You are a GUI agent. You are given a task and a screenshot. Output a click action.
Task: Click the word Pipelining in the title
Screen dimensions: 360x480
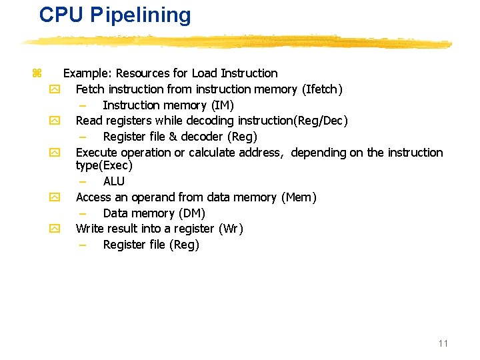(x=141, y=15)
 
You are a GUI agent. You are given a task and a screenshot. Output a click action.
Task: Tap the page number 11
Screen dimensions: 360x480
(x=443, y=343)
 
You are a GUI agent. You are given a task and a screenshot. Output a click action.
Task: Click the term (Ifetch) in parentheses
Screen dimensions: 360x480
(x=322, y=89)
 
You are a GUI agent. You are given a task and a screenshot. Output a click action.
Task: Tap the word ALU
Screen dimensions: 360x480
(x=114, y=181)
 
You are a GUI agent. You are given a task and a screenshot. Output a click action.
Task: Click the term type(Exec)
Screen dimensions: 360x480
(x=104, y=165)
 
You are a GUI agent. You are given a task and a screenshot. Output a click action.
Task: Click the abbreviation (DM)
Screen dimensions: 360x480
(x=192, y=213)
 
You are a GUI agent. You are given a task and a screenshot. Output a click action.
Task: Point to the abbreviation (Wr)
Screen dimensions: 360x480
(x=231, y=229)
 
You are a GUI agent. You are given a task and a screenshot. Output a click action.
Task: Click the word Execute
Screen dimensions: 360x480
(x=97, y=153)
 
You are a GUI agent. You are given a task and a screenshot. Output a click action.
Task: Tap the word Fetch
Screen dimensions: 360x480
(x=90, y=89)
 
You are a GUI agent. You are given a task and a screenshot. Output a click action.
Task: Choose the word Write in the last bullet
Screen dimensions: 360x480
(x=90, y=229)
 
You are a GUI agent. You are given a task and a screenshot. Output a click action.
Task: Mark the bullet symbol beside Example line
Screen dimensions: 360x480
(x=37, y=73)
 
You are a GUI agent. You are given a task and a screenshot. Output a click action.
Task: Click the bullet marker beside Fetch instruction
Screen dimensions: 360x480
(x=55, y=89)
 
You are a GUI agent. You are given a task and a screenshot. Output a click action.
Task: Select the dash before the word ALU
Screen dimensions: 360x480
(x=82, y=181)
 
